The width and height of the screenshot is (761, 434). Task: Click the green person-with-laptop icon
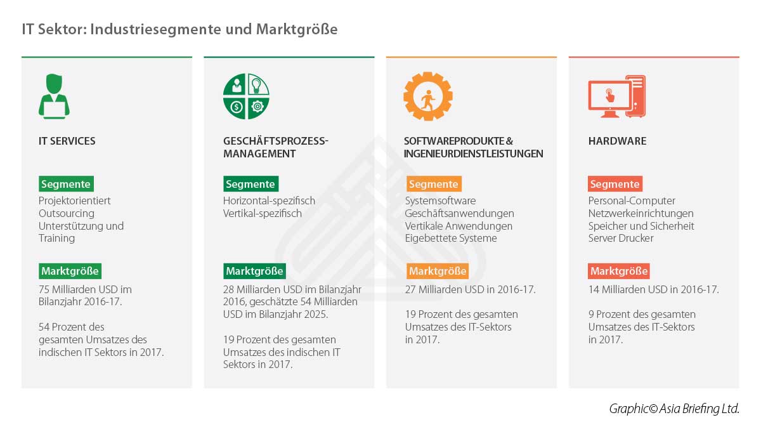(54, 96)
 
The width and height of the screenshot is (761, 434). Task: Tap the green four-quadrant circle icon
(246, 96)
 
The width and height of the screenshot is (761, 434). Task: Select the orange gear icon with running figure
(428, 96)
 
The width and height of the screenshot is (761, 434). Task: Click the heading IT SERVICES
(67, 141)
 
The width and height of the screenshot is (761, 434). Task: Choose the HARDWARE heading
(617, 141)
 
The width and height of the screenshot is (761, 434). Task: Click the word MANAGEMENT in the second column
(259, 154)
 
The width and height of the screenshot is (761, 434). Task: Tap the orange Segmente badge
(434, 184)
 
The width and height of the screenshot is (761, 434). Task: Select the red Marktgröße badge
(619, 271)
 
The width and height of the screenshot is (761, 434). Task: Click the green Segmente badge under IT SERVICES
(66, 184)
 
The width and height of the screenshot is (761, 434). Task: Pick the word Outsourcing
(67, 213)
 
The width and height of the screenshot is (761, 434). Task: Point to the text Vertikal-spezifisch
(263, 213)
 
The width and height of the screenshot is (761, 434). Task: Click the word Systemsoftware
(440, 201)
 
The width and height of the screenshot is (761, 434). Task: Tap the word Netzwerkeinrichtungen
(641, 213)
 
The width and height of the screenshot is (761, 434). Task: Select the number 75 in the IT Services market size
(44, 289)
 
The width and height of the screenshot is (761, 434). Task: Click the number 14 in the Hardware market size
(594, 289)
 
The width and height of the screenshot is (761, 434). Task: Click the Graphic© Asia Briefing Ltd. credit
(674, 409)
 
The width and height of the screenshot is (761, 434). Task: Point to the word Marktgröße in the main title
(297, 29)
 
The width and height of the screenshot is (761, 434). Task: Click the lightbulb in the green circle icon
(256, 85)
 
